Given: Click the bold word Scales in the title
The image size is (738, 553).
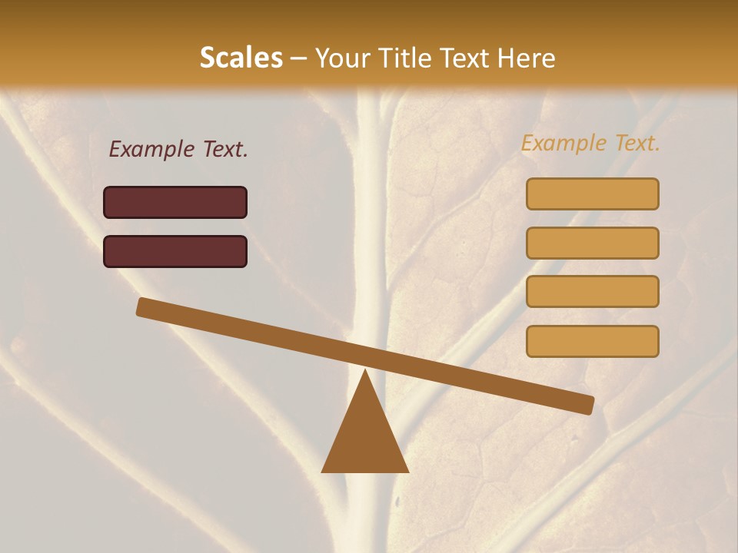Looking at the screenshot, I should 241,58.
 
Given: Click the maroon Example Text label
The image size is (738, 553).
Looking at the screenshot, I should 178,149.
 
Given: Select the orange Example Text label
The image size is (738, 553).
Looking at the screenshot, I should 590,143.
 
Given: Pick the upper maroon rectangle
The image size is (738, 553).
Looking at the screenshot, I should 175,202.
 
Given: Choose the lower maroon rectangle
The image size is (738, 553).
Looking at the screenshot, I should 175,251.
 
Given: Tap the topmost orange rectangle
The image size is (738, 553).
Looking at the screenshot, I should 592,194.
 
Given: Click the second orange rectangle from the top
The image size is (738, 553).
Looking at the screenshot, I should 592,243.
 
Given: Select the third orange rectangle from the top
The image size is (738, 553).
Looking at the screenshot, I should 592,292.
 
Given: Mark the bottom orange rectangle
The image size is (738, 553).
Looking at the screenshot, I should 592,342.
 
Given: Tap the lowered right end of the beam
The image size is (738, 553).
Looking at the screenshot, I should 587,405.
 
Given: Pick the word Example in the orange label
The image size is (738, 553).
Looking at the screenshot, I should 563,143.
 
